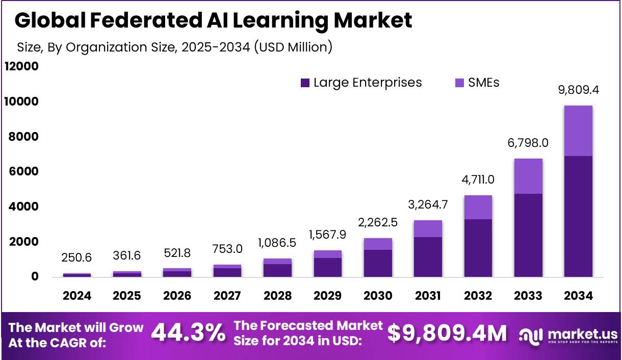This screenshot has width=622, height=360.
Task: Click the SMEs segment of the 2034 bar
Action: coord(578,131)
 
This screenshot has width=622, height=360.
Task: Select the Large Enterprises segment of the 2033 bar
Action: coord(528,235)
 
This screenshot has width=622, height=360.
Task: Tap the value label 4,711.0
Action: coord(478,180)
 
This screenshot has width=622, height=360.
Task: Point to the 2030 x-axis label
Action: coord(378,296)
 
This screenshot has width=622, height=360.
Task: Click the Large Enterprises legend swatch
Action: coord(305,83)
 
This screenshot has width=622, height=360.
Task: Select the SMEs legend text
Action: coord(483,83)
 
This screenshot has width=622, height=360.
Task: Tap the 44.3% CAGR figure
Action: coord(189,333)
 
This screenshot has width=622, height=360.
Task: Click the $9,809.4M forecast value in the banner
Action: coord(447,333)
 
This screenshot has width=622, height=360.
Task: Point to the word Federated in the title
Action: coord(151,20)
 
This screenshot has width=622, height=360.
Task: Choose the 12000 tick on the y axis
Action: coord(21,67)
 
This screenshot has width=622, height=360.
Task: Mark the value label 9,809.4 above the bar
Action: coord(578,91)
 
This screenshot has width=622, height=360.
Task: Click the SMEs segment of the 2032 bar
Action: coord(478,207)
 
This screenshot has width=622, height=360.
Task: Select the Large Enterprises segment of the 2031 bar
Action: coord(428,257)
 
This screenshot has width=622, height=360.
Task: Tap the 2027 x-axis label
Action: coord(227,296)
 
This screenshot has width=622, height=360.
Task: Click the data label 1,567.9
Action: coord(328,235)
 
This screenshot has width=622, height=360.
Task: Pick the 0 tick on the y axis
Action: coord(35,277)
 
